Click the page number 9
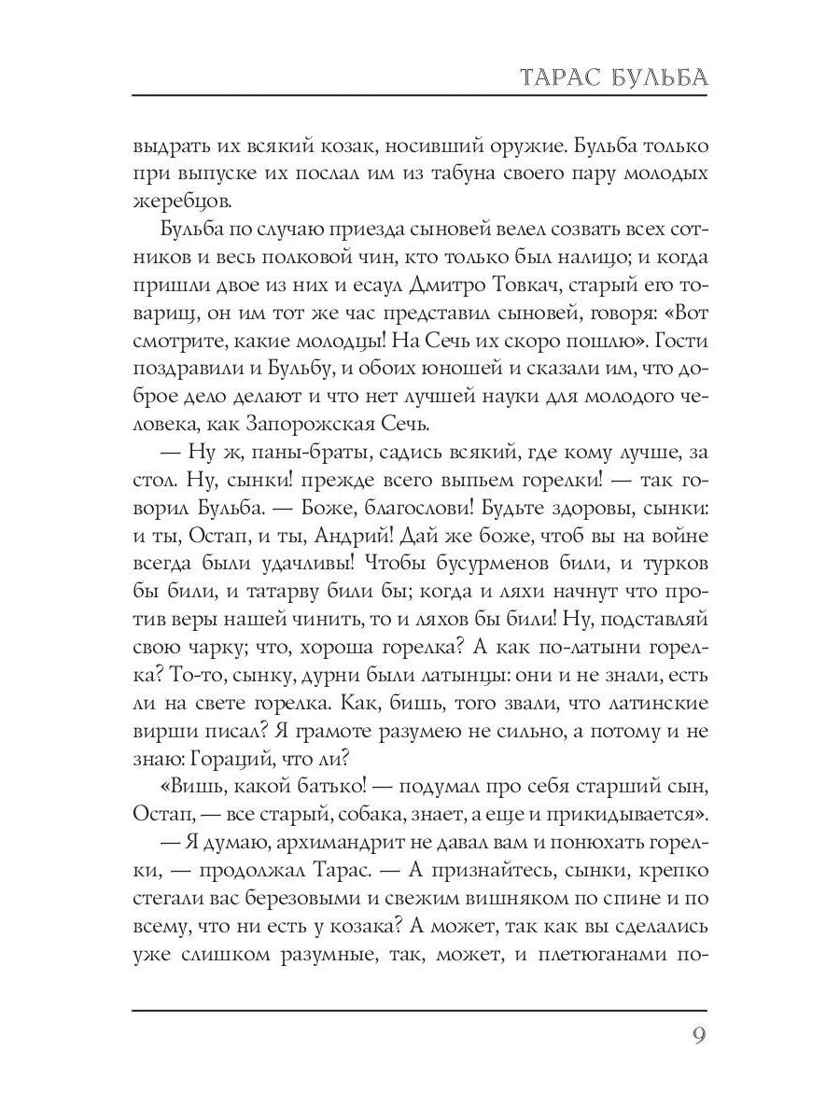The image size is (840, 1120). (697, 1037)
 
